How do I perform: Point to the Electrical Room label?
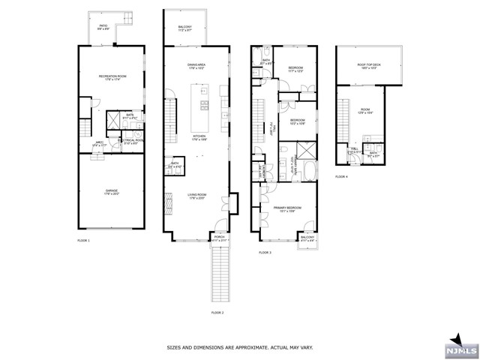click(x=133, y=141)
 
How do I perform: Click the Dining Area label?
click(x=197, y=67)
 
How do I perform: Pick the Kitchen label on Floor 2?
click(x=199, y=137)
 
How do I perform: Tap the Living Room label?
click(x=197, y=196)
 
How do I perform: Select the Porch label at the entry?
click(x=219, y=238)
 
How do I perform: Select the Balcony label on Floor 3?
click(x=307, y=238)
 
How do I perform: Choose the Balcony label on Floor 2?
click(x=185, y=28)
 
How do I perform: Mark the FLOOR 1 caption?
click(x=83, y=241)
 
